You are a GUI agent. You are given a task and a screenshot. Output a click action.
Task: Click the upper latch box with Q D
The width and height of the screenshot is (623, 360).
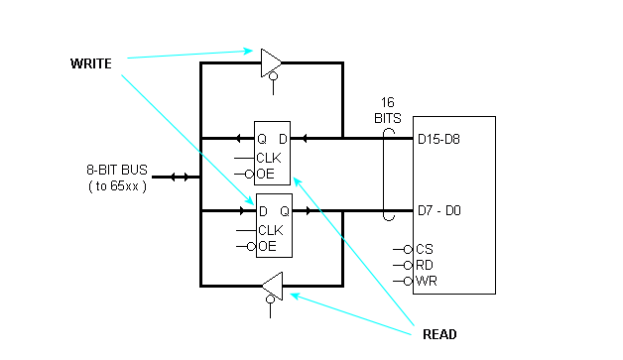pyautogui.click(x=273, y=153)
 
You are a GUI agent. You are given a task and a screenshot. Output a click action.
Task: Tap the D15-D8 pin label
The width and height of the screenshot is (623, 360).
pyautogui.click(x=439, y=139)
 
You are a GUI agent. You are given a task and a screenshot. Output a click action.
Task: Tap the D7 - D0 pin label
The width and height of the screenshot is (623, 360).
pyautogui.click(x=439, y=211)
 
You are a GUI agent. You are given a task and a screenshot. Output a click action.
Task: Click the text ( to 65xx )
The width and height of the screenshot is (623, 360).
pyautogui.click(x=117, y=185)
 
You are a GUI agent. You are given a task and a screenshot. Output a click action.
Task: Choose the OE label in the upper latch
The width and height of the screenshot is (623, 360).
pyautogui.click(x=267, y=175)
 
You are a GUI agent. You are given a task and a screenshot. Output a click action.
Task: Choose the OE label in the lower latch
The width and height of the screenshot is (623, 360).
pyautogui.click(x=267, y=246)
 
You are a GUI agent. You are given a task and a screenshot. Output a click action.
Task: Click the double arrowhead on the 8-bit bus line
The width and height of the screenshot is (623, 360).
pyautogui.click(x=179, y=177)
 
